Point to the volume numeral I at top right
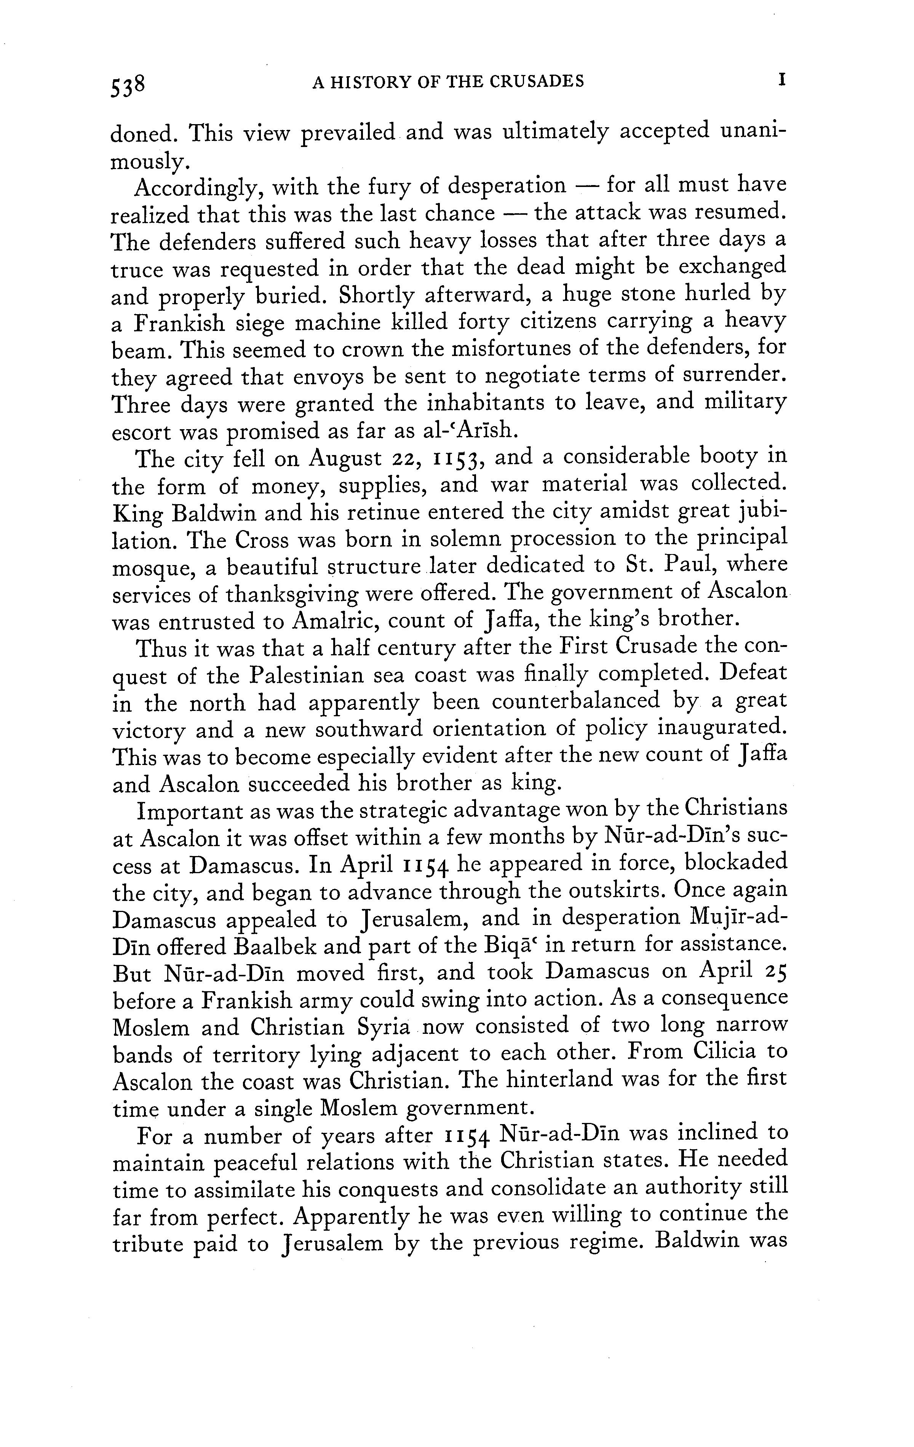point(782,80)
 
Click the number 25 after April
point(775,972)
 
